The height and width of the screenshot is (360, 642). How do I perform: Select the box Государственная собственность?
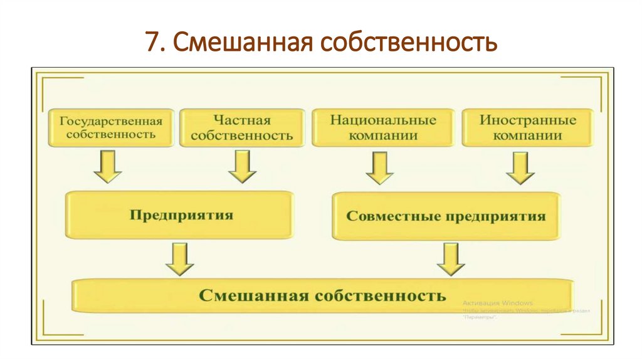coord(111,127)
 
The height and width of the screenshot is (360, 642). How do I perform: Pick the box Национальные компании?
coord(382,127)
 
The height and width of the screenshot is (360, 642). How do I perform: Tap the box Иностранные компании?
coord(527,127)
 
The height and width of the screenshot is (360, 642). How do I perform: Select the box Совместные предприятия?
coord(446,216)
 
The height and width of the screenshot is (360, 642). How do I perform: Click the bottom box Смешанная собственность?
coord(323,295)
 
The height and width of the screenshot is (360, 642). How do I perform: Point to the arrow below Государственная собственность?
coord(107,167)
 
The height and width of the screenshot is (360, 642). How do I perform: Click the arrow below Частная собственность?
coord(242,167)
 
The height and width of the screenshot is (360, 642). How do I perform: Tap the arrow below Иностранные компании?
coord(520,168)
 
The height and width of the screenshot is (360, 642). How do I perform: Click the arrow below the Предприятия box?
coord(180,258)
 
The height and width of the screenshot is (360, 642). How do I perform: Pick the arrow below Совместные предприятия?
coord(450,258)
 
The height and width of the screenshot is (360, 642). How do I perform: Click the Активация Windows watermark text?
coord(498,302)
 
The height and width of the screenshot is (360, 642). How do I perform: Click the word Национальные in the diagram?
coord(382,120)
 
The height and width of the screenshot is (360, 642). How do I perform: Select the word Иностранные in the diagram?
coord(527,120)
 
